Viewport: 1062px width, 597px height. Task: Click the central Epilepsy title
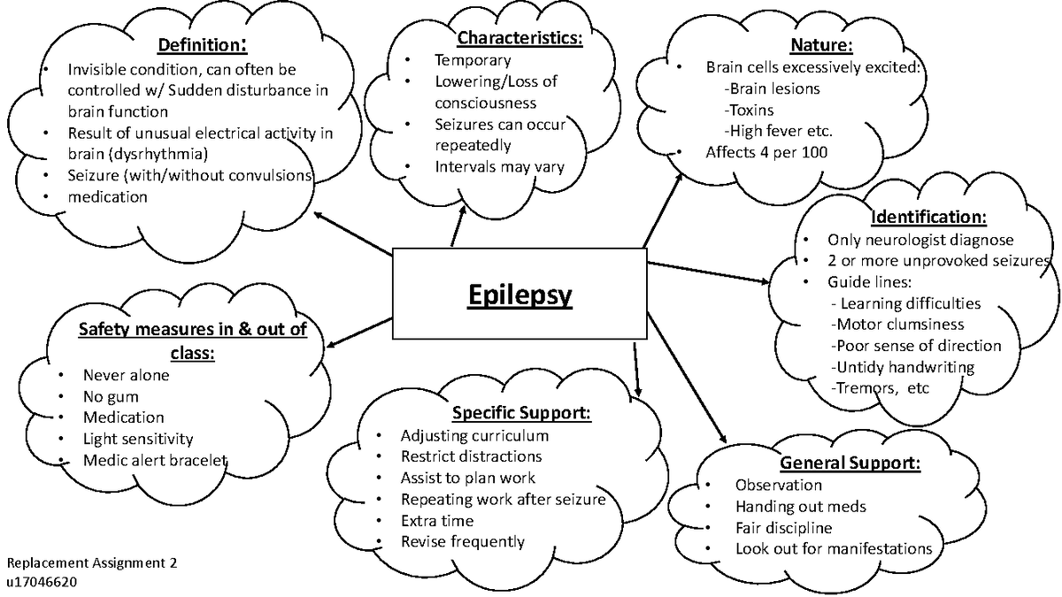(x=519, y=294)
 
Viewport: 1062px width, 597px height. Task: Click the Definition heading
(x=202, y=44)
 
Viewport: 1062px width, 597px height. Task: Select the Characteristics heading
(x=519, y=39)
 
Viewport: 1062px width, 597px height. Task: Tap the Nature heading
(x=820, y=45)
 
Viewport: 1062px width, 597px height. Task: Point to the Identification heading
(x=927, y=217)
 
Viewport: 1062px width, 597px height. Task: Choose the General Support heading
(x=849, y=463)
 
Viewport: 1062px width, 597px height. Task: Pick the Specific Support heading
(x=521, y=413)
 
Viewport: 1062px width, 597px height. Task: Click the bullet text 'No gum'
(x=112, y=396)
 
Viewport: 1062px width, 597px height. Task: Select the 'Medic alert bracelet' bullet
(x=156, y=460)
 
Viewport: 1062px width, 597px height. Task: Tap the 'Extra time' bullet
(x=437, y=521)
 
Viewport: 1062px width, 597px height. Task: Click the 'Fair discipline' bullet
(x=783, y=528)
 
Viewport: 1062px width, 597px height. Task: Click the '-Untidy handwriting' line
(x=902, y=367)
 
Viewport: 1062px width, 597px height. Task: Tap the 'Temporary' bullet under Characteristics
(x=472, y=60)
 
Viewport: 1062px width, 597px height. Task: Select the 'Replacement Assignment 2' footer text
(x=92, y=563)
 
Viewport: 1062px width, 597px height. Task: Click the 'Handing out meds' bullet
(x=800, y=507)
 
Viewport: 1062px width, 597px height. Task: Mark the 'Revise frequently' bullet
(x=462, y=541)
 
